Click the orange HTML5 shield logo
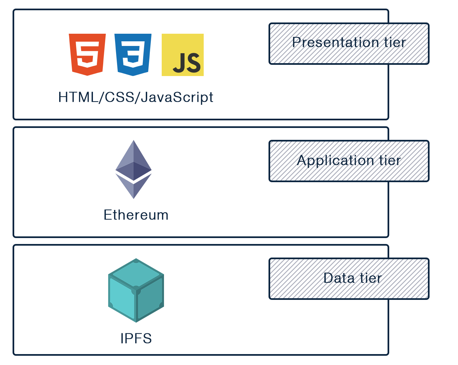pyautogui.click(x=87, y=55)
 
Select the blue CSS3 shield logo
pyautogui.click(x=133, y=55)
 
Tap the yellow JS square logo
pyautogui.click(x=183, y=55)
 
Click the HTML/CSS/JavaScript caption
pyautogui.click(x=136, y=97)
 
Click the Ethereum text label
pyautogui.click(x=136, y=215)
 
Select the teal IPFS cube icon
pyautogui.click(x=136, y=290)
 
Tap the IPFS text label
pyautogui.click(x=136, y=338)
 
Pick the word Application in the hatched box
pyautogui.click(x=335, y=160)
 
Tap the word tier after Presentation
pyautogui.click(x=395, y=43)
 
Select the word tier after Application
pyautogui.click(x=390, y=160)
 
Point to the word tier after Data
pyautogui.click(x=371, y=278)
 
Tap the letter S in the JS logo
pyautogui.click(x=194, y=63)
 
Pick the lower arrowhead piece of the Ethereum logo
pyautogui.click(x=134, y=186)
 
